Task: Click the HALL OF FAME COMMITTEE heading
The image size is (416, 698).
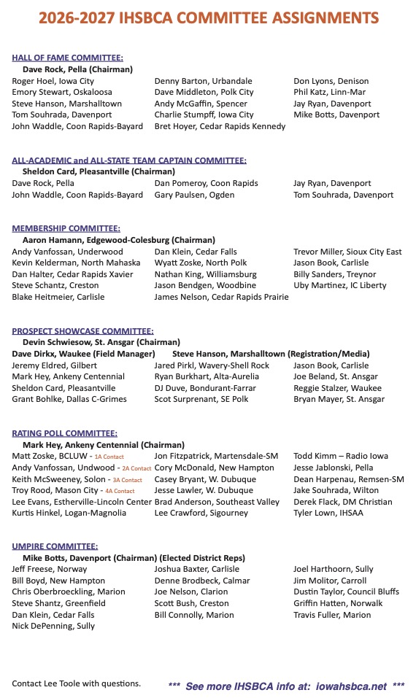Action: point(67,58)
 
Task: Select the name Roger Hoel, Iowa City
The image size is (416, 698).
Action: point(53,81)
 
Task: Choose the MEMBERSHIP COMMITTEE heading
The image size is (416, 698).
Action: point(66,228)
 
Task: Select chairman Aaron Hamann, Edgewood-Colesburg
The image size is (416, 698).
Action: point(119,239)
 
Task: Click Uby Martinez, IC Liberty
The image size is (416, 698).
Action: point(339,285)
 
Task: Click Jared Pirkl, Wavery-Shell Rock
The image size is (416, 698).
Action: point(212,365)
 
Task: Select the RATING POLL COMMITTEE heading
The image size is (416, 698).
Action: point(65,433)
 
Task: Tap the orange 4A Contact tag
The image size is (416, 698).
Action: point(120,491)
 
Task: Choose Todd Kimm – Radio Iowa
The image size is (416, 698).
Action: point(341,456)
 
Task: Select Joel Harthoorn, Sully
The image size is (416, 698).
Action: point(334,569)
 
